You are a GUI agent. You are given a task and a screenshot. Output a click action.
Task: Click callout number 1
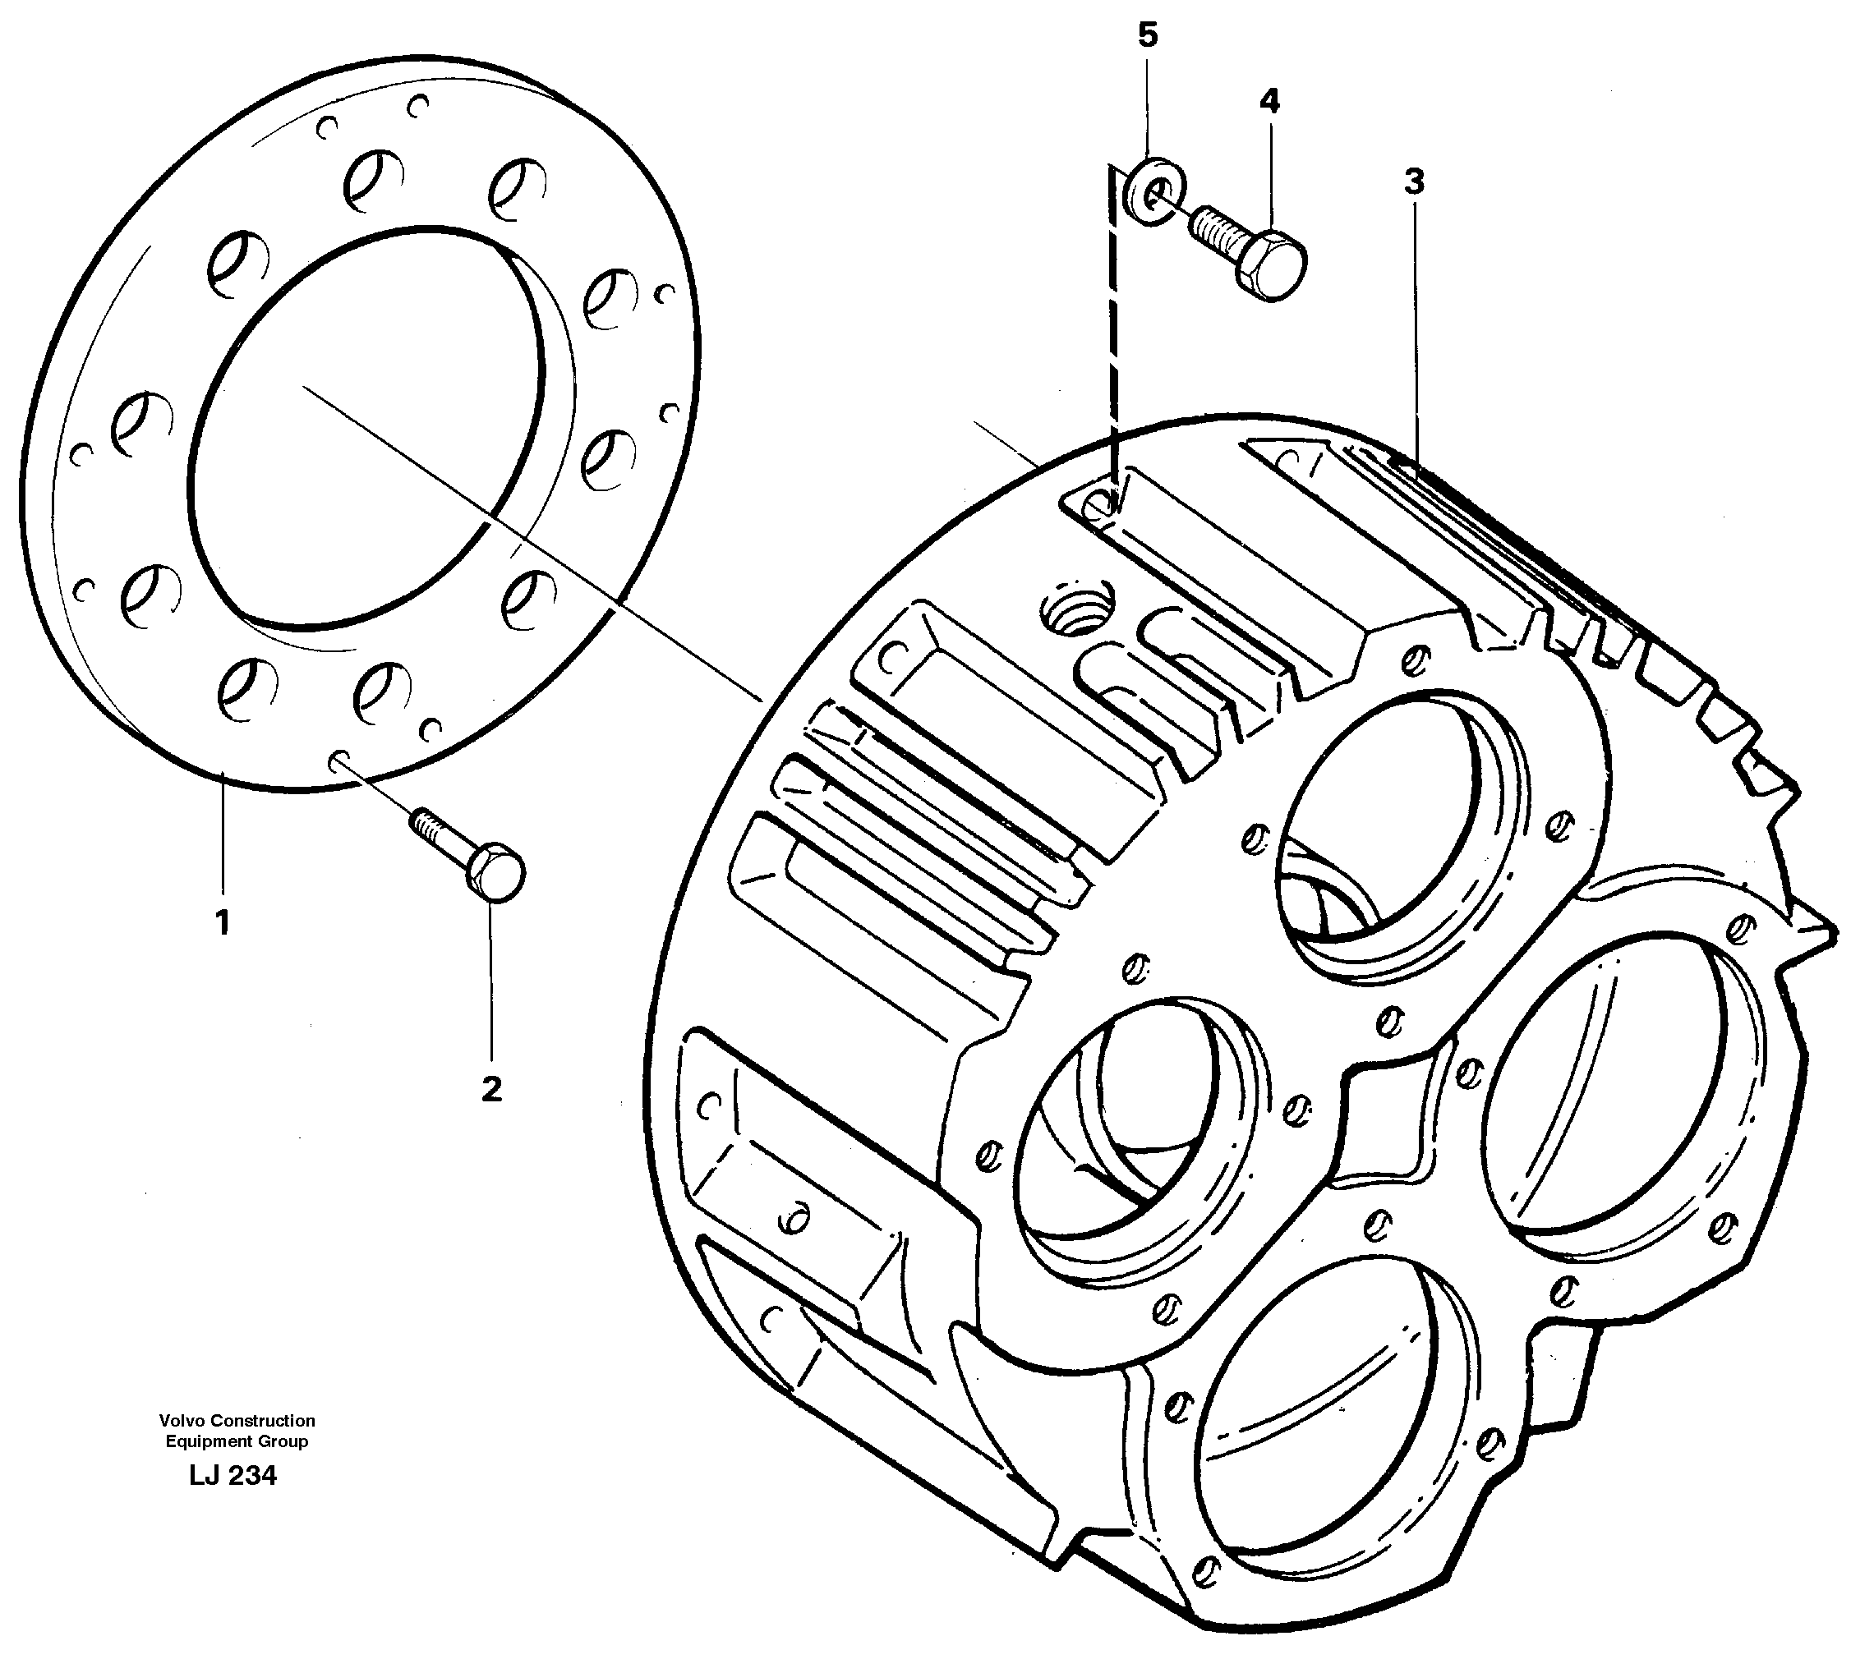click(222, 923)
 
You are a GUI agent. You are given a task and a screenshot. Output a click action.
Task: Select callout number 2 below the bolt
click(491, 1088)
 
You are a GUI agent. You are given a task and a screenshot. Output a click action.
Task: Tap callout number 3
click(1413, 183)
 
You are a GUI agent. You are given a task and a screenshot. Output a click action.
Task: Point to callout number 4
click(1269, 101)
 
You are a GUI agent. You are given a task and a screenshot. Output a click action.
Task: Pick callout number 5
click(1147, 35)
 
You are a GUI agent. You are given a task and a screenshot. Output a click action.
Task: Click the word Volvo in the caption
click(179, 1420)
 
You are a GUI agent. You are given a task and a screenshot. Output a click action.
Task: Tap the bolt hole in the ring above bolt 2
click(337, 756)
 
